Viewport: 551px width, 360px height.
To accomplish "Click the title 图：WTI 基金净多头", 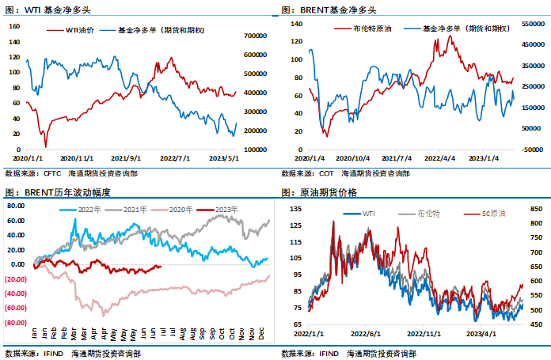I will [x=43, y=10].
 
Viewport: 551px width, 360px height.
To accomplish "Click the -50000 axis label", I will [x=531, y=147].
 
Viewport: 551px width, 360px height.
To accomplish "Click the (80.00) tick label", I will [x=17, y=323].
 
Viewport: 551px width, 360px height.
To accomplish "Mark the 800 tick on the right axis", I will [x=535, y=223].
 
